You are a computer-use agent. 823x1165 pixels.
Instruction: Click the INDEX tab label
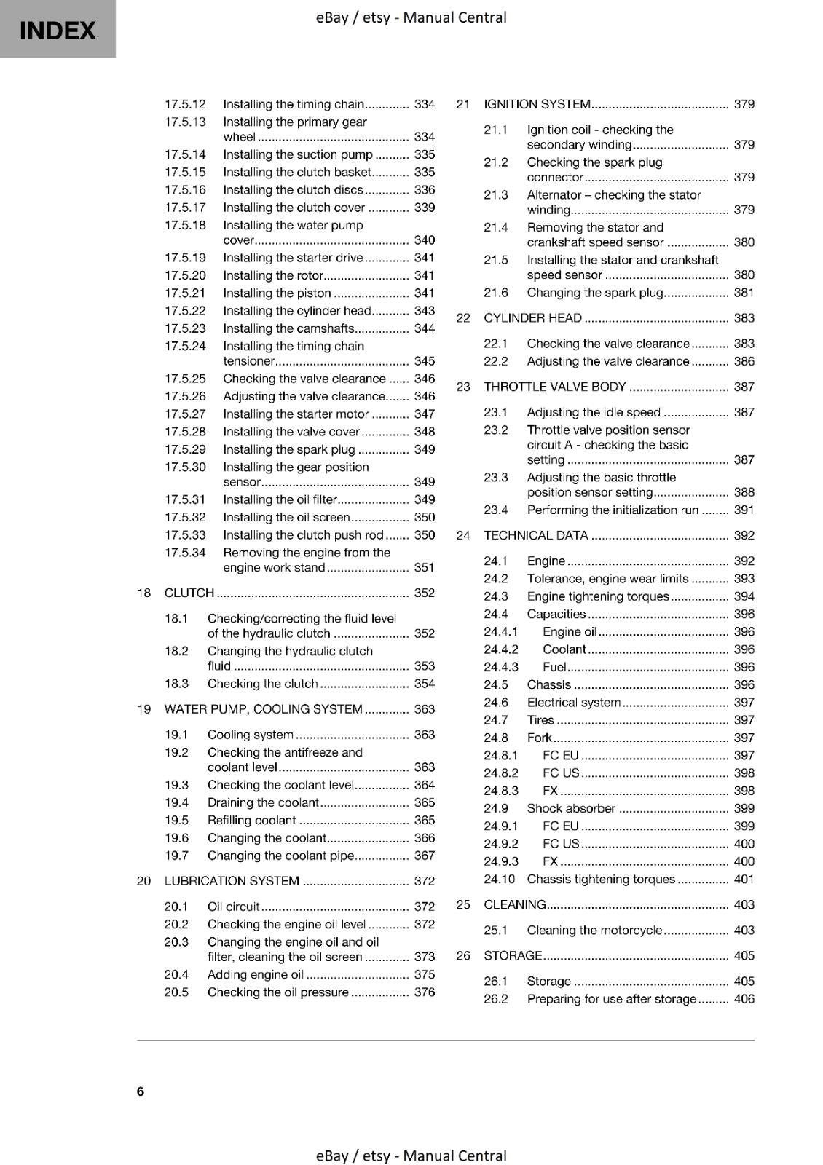point(58,31)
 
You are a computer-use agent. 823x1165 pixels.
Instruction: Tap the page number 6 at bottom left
point(141,1091)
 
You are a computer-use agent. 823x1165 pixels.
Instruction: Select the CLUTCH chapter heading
point(189,593)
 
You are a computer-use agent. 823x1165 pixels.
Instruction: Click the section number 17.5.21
point(185,293)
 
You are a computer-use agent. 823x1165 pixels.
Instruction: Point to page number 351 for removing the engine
point(424,567)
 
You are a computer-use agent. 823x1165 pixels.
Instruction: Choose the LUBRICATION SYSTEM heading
point(232,881)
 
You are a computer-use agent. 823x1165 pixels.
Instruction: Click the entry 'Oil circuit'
point(233,907)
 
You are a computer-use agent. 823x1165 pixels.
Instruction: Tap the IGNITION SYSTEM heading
point(537,104)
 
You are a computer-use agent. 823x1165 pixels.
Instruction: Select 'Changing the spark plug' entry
point(595,293)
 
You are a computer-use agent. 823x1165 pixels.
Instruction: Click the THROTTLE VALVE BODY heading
point(554,387)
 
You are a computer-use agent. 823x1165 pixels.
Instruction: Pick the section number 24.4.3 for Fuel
point(501,667)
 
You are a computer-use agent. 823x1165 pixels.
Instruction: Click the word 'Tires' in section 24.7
point(540,720)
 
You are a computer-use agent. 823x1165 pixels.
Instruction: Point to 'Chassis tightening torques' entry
point(601,879)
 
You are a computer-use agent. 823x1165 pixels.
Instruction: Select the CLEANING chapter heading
point(514,904)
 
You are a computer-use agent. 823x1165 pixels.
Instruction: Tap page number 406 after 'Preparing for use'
point(744,999)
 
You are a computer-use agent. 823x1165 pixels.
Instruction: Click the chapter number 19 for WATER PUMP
point(143,709)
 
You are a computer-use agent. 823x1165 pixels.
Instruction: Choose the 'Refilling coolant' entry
point(251,821)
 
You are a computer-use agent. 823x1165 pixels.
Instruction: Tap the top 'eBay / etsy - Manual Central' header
point(411,17)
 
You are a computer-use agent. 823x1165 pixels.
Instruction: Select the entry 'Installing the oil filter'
point(280,499)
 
